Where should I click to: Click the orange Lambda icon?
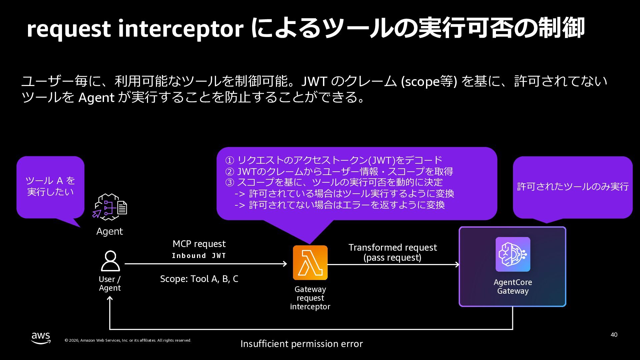pyautogui.click(x=310, y=263)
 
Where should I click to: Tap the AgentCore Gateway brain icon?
pyautogui.click(x=513, y=254)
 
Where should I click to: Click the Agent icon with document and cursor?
pyautogui.click(x=110, y=207)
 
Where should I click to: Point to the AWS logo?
pyautogui.click(x=41, y=338)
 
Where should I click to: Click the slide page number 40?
pyautogui.click(x=614, y=335)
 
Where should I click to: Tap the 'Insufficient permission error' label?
pyautogui.click(x=301, y=344)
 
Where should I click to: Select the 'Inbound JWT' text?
pyautogui.click(x=199, y=256)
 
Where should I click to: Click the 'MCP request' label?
pyautogui.click(x=199, y=244)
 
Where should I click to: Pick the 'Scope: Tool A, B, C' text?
pyautogui.click(x=199, y=279)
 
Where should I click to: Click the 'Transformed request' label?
pyautogui.click(x=392, y=247)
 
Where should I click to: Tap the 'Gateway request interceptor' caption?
pyautogui.click(x=310, y=298)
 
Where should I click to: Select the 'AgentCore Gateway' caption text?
pyautogui.click(x=513, y=286)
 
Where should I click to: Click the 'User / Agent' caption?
pyautogui.click(x=110, y=283)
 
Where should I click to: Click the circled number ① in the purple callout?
pyautogui.click(x=230, y=161)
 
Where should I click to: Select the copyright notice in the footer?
pyautogui.click(x=128, y=340)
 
